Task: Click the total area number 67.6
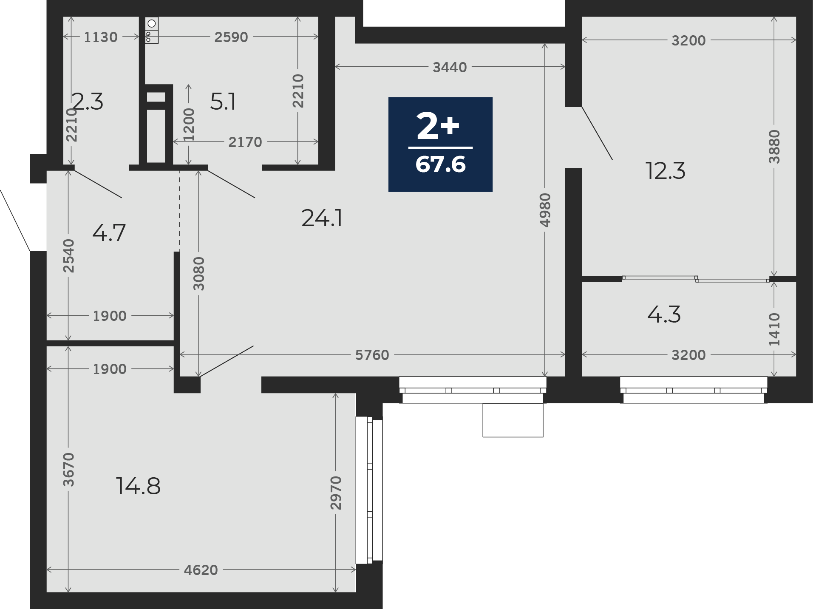tap(440, 164)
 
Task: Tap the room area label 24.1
tap(322, 218)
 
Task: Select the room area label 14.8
tap(138, 486)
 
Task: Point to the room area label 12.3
tap(665, 171)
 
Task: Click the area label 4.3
tap(664, 314)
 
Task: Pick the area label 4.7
tap(109, 233)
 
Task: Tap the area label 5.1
tap(223, 102)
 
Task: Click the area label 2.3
tap(87, 102)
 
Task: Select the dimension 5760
tap(372, 355)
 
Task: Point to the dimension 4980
tap(545, 210)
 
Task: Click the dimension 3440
tap(450, 67)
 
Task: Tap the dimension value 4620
tap(201, 569)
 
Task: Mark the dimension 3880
tap(774, 147)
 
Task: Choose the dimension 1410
tap(774, 329)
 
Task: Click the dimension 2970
tap(336, 493)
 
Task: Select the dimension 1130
tap(100, 37)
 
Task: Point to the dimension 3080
tap(198, 274)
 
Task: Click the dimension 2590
tap(231, 37)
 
